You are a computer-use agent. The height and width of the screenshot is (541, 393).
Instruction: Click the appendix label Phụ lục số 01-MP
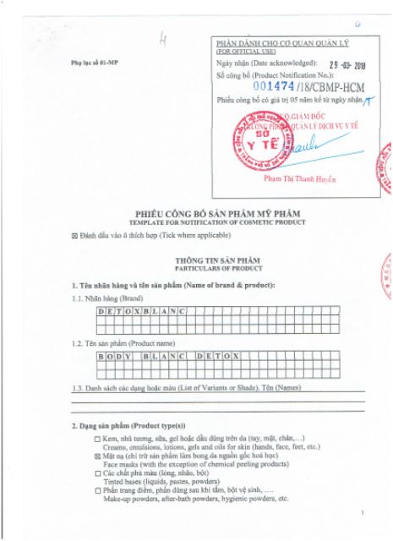[90, 65]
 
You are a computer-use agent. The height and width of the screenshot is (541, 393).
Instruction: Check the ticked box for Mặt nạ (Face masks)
[98, 455]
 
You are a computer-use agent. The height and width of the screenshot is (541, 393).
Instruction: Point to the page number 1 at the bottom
[363, 512]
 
